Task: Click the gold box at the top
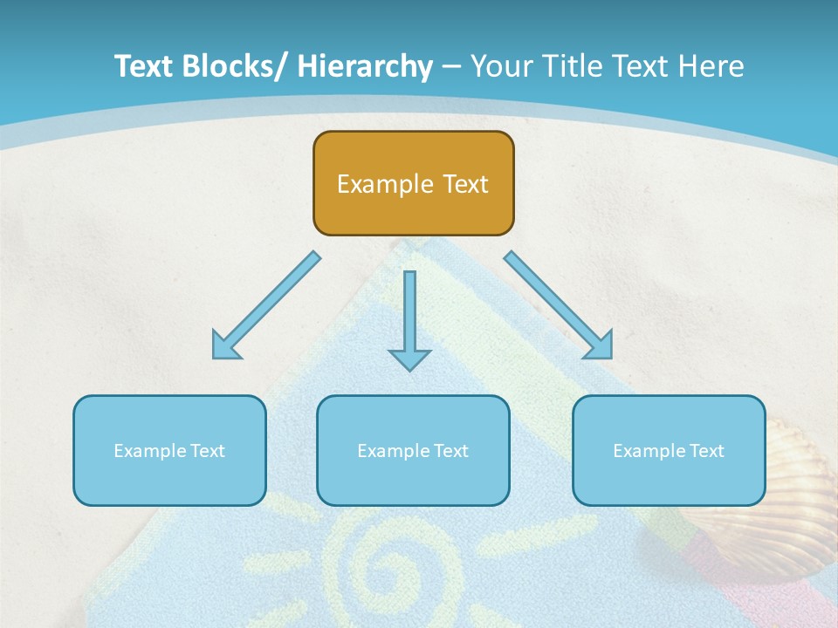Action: pyautogui.click(x=413, y=183)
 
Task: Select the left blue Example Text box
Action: pyautogui.click(x=169, y=450)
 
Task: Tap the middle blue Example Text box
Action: pyautogui.click(x=413, y=450)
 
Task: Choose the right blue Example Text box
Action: pyautogui.click(x=669, y=450)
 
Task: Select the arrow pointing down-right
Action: pyautogui.click(x=559, y=305)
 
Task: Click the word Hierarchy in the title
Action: pyautogui.click(x=365, y=66)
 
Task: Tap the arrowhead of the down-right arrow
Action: pyautogui.click(x=601, y=347)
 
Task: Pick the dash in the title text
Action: pyautogui.click(x=451, y=67)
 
